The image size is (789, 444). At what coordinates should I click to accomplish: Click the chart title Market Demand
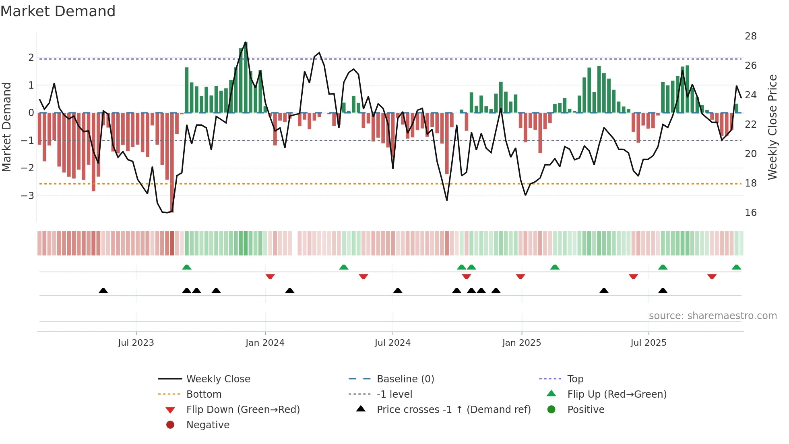58,11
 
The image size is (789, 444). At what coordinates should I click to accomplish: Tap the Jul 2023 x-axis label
136,343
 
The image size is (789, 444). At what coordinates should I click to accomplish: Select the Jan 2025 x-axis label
521,343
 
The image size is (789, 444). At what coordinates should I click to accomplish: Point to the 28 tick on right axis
750,36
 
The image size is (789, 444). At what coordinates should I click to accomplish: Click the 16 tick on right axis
750,213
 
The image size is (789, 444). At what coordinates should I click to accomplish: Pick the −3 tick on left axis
27,196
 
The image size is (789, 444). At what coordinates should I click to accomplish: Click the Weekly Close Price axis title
772,127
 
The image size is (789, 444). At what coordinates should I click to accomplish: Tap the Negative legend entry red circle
170,425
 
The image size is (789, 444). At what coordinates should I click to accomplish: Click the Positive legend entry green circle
551,410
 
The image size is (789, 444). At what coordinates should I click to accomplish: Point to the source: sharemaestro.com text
713,316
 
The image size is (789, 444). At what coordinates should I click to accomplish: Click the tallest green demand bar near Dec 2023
246,77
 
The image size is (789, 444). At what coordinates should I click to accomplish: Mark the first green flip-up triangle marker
187,267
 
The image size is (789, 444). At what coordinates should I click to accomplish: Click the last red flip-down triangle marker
712,276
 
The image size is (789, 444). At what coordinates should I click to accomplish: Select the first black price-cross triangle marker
103,290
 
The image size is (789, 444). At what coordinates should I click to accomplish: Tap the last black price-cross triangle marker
663,290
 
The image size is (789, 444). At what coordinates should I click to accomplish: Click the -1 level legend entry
394,394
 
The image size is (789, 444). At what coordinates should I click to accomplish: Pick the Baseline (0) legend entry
405,379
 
